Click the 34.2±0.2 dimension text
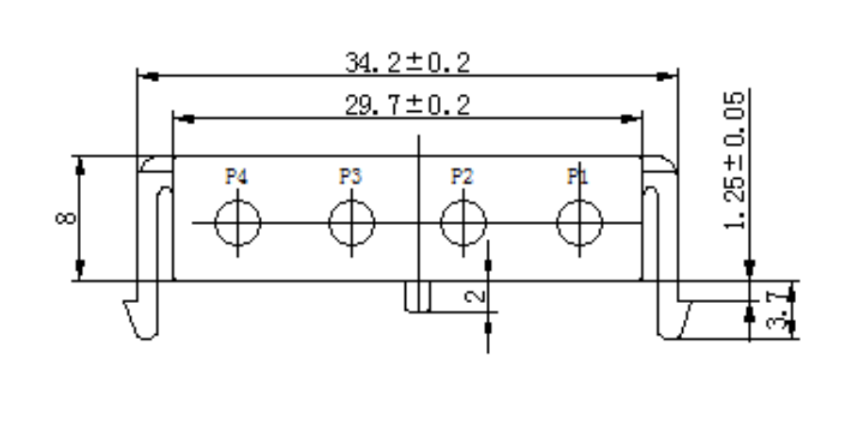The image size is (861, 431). pyautogui.click(x=407, y=62)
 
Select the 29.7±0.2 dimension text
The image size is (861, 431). pyautogui.click(x=407, y=104)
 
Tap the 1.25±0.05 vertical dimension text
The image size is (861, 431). pyautogui.click(x=751, y=160)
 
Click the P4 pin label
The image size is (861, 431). pyautogui.click(x=236, y=175)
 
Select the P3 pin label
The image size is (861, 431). pyautogui.click(x=350, y=175)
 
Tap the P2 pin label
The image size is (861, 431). pyautogui.click(x=463, y=175)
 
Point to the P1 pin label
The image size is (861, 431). pyautogui.click(x=577, y=175)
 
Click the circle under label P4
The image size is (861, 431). pyautogui.click(x=236, y=223)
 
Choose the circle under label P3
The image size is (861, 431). pyautogui.click(x=351, y=223)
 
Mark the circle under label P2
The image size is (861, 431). pyautogui.click(x=464, y=223)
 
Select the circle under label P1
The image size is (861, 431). pyautogui.click(x=579, y=223)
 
